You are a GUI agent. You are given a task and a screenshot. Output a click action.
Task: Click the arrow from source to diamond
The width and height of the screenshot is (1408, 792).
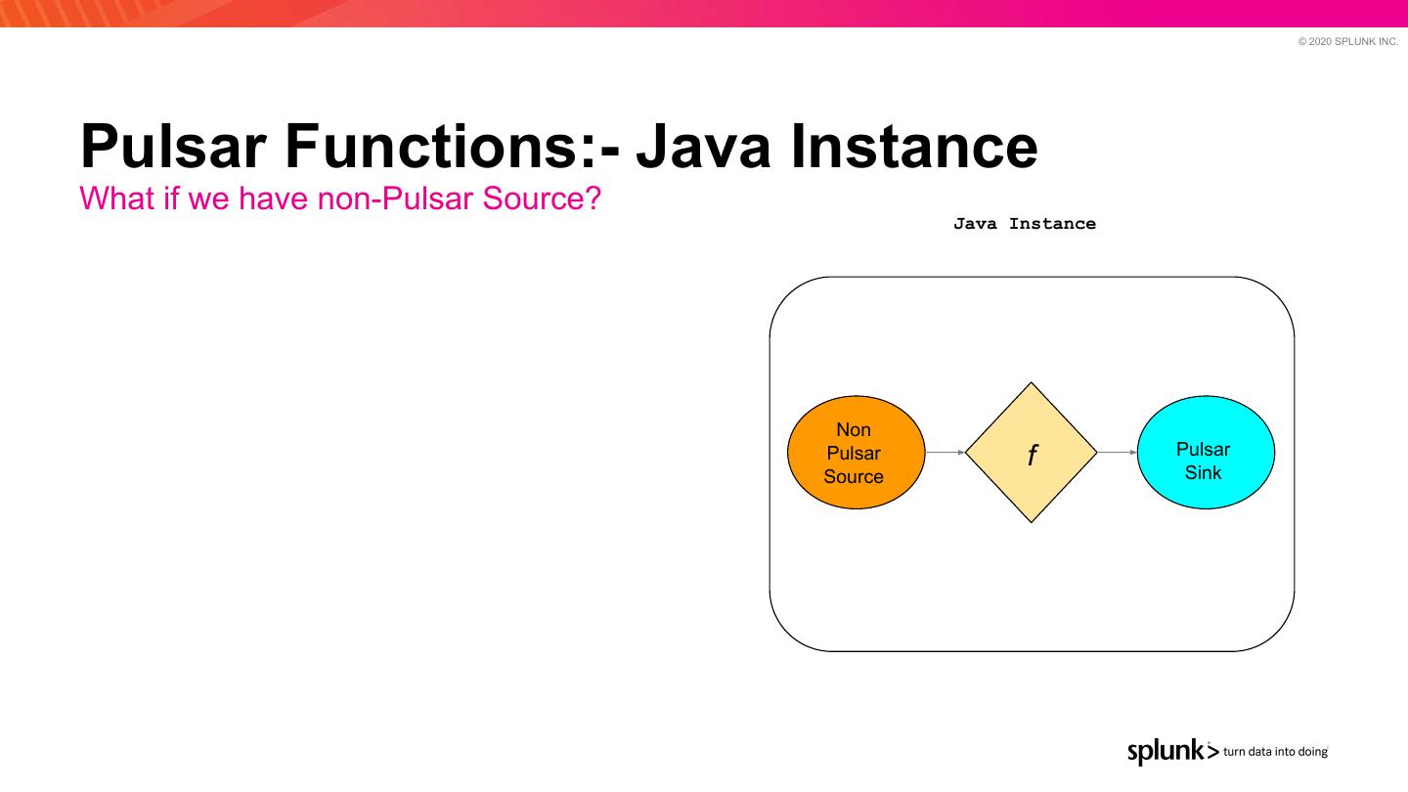945,453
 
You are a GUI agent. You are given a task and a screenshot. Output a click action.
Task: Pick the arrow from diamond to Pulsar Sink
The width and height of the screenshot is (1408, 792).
1118,453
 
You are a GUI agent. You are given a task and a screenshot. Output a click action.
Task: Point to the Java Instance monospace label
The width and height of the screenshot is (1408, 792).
1025,224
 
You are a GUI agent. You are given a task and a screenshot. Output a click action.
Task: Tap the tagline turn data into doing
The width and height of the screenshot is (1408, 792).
1275,752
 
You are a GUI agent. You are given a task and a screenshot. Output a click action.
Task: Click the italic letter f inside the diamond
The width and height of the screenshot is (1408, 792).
1032,455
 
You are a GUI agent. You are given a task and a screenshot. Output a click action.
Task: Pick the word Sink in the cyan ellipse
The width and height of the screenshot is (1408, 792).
1204,473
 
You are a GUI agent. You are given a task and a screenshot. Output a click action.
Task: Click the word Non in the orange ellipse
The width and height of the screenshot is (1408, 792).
854,430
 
